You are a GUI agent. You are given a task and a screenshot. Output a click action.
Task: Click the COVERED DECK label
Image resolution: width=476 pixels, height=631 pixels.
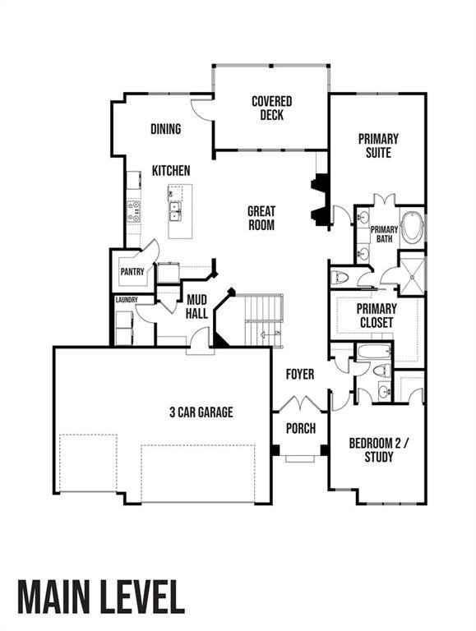coord(271,108)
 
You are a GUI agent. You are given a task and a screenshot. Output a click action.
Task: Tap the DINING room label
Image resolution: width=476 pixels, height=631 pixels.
coord(165,129)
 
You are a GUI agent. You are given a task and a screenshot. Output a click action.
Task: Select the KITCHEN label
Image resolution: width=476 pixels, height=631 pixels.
coord(171,171)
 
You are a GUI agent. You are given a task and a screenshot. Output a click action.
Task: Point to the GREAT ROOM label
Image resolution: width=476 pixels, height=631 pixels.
coord(261,218)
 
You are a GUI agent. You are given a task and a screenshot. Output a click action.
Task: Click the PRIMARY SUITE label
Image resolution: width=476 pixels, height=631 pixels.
coord(378,145)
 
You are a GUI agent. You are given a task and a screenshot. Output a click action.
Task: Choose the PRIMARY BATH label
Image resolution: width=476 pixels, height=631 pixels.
coord(384,234)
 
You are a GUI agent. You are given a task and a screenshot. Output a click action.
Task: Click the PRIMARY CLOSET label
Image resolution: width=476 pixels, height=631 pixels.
coord(377,315)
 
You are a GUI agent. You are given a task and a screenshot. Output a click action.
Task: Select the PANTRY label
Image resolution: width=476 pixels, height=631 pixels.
coord(132,272)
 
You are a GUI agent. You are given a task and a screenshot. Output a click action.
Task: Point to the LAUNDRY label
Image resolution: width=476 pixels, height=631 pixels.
coord(126,300)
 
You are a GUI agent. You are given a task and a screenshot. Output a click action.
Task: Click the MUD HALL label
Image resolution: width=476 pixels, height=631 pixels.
coord(196,306)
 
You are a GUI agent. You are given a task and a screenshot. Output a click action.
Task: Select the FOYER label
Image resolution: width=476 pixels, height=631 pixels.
coord(300,375)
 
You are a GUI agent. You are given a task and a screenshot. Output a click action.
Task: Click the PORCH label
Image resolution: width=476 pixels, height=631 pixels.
coord(300,429)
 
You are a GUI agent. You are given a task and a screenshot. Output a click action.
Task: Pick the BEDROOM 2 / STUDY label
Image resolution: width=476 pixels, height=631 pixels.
coord(377,450)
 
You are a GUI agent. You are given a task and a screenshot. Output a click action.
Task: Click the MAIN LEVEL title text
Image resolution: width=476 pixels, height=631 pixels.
coord(101,597)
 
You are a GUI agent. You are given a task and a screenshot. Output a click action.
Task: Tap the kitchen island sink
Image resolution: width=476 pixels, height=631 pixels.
coord(176,212)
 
